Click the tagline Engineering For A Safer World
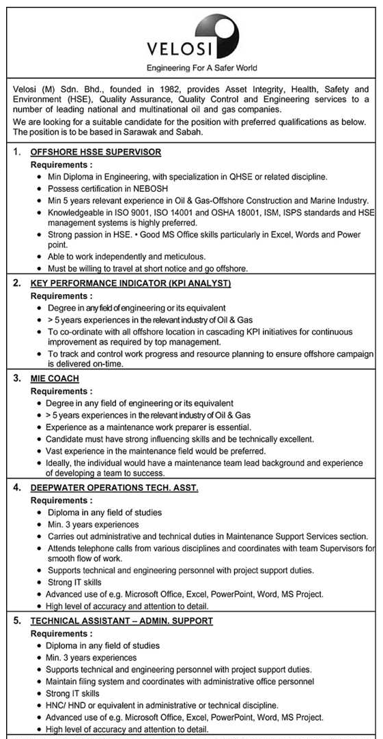(x=201, y=68)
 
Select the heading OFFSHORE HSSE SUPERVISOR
(x=96, y=151)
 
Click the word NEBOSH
(x=149, y=188)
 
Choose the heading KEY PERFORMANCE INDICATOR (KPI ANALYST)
(x=130, y=282)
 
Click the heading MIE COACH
(x=55, y=378)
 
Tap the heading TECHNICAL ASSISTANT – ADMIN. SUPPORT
(x=122, y=620)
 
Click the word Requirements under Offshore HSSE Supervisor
(x=60, y=164)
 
